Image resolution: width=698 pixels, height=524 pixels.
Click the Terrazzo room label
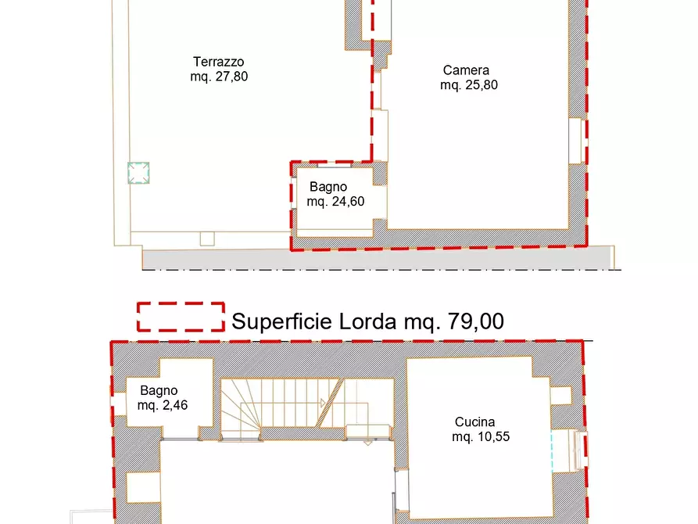point(219,62)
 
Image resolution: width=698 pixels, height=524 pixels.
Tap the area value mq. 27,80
point(219,77)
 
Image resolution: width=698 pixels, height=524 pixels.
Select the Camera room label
point(466,70)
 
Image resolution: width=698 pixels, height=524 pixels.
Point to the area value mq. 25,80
point(469,85)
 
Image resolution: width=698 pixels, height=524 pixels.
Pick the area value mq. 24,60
point(335,202)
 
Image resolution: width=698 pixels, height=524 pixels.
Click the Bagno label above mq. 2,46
point(159,390)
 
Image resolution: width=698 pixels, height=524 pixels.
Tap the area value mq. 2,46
point(163,405)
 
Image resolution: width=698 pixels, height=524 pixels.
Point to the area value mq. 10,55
point(481,437)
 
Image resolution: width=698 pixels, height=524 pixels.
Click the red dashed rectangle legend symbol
point(181,317)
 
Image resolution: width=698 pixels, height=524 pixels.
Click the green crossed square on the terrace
point(138,173)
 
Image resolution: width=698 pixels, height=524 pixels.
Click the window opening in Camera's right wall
point(576,141)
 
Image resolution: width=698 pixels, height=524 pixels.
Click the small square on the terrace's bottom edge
point(206,239)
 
